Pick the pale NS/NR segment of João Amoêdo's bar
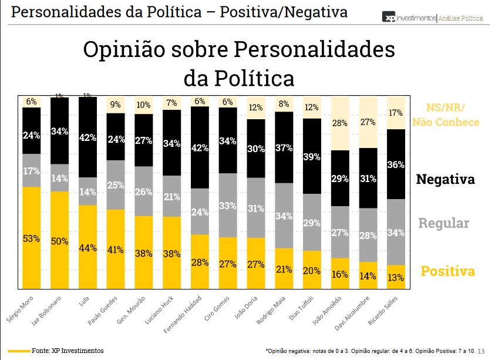pos(340,123)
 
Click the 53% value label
pos(32,238)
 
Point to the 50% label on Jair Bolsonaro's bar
pos(60,241)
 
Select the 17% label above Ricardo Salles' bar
pos(396,113)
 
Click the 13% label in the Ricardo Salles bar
pos(396,277)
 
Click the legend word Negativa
pos(445,179)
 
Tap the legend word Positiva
pos(447,271)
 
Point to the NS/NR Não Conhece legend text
pos(446,115)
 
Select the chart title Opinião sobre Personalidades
pos(238,49)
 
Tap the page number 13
pos(481,351)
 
